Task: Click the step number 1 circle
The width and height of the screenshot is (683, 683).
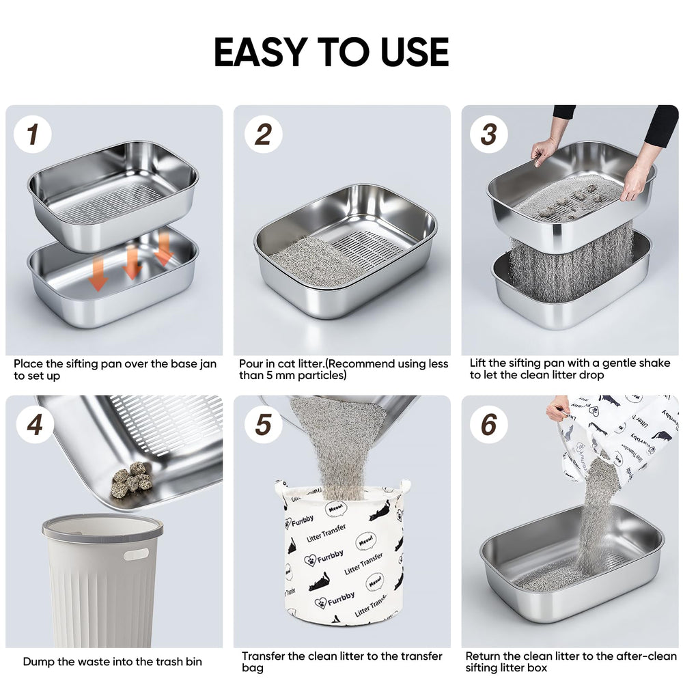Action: click(x=33, y=134)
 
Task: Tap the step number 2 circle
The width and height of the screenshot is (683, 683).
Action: click(x=263, y=134)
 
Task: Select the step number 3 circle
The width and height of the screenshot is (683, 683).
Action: click(x=489, y=134)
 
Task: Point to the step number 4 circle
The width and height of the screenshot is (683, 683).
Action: click(x=35, y=424)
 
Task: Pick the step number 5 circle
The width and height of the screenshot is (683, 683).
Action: click(x=263, y=424)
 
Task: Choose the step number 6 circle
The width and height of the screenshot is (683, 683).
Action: click(x=489, y=424)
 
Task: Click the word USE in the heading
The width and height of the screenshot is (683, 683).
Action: click(x=415, y=53)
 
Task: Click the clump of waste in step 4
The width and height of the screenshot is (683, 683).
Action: click(x=131, y=479)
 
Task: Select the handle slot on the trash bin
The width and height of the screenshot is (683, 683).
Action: click(x=136, y=554)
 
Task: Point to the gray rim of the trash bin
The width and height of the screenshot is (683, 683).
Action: click(x=102, y=528)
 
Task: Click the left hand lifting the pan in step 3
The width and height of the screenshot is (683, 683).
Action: click(x=544, y=152)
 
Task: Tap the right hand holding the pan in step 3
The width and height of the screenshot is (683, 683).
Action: click(x=633, y=183)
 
